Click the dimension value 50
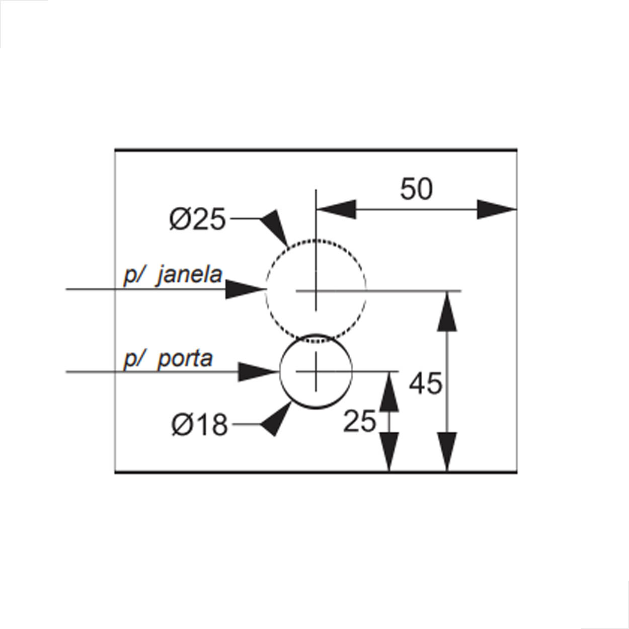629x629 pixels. coord(416,189)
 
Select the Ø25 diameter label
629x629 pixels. coord(197,219)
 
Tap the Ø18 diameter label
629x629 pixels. coord(199,425)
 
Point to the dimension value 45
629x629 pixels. coord(425,383)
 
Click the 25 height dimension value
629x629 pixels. coord(359,422)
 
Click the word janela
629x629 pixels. coord(190,275)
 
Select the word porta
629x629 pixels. coord(185,359)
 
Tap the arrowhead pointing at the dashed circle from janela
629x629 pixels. coord(246,289)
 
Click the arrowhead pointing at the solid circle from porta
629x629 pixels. coord(258,371)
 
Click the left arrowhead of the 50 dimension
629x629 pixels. coord(336,209)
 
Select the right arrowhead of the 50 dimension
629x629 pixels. coord(497,209)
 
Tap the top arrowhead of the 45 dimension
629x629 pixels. coord(447,311)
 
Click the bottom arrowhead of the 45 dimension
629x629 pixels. coord(447,452)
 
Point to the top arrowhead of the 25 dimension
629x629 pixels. coord(389,391)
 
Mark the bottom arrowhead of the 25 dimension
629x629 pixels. coord(389,452)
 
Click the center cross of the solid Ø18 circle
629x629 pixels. coord(316,371)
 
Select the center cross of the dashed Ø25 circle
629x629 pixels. coord(316,290)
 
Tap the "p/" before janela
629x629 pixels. coord(133,276)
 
